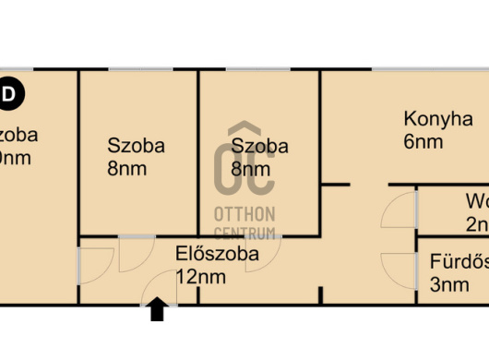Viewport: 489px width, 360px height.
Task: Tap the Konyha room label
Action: click(438, 119)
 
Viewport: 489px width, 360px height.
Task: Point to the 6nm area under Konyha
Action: click(423, 142)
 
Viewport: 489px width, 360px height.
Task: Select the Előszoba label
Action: click(217, 253)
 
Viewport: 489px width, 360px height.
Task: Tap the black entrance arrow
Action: click(157, 310)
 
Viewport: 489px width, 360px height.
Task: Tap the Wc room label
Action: click(476, 200)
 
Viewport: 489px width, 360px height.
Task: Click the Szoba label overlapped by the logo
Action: click(259, 146)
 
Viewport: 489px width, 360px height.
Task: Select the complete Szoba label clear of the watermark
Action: click(137, 145)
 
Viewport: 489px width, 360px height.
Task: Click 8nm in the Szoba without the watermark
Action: click(126, 169)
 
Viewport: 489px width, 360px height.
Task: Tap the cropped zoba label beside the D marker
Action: click(19, 135)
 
